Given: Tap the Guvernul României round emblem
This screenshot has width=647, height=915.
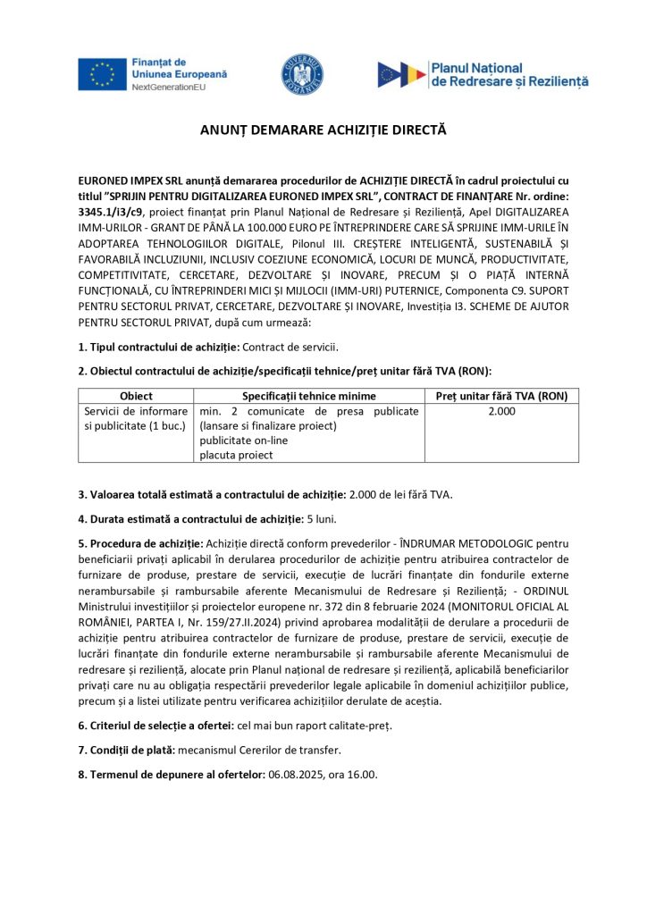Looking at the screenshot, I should pos(303,74).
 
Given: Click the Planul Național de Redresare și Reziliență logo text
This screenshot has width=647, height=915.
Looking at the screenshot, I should pos(509,74).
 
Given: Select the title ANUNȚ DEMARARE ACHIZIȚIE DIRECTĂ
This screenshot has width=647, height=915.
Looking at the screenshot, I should pos(323,130).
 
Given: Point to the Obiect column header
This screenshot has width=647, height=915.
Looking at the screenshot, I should pos(136,396).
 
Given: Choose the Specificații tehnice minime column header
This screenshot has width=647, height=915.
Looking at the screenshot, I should pos(309,396).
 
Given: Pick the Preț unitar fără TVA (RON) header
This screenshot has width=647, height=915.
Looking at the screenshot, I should pos(501,396).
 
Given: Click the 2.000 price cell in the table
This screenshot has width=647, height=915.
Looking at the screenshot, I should pos(501,411).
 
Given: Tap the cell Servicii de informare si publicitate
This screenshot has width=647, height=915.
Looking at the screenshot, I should pos(136,418).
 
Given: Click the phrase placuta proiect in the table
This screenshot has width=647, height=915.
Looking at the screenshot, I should pos(236,455).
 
